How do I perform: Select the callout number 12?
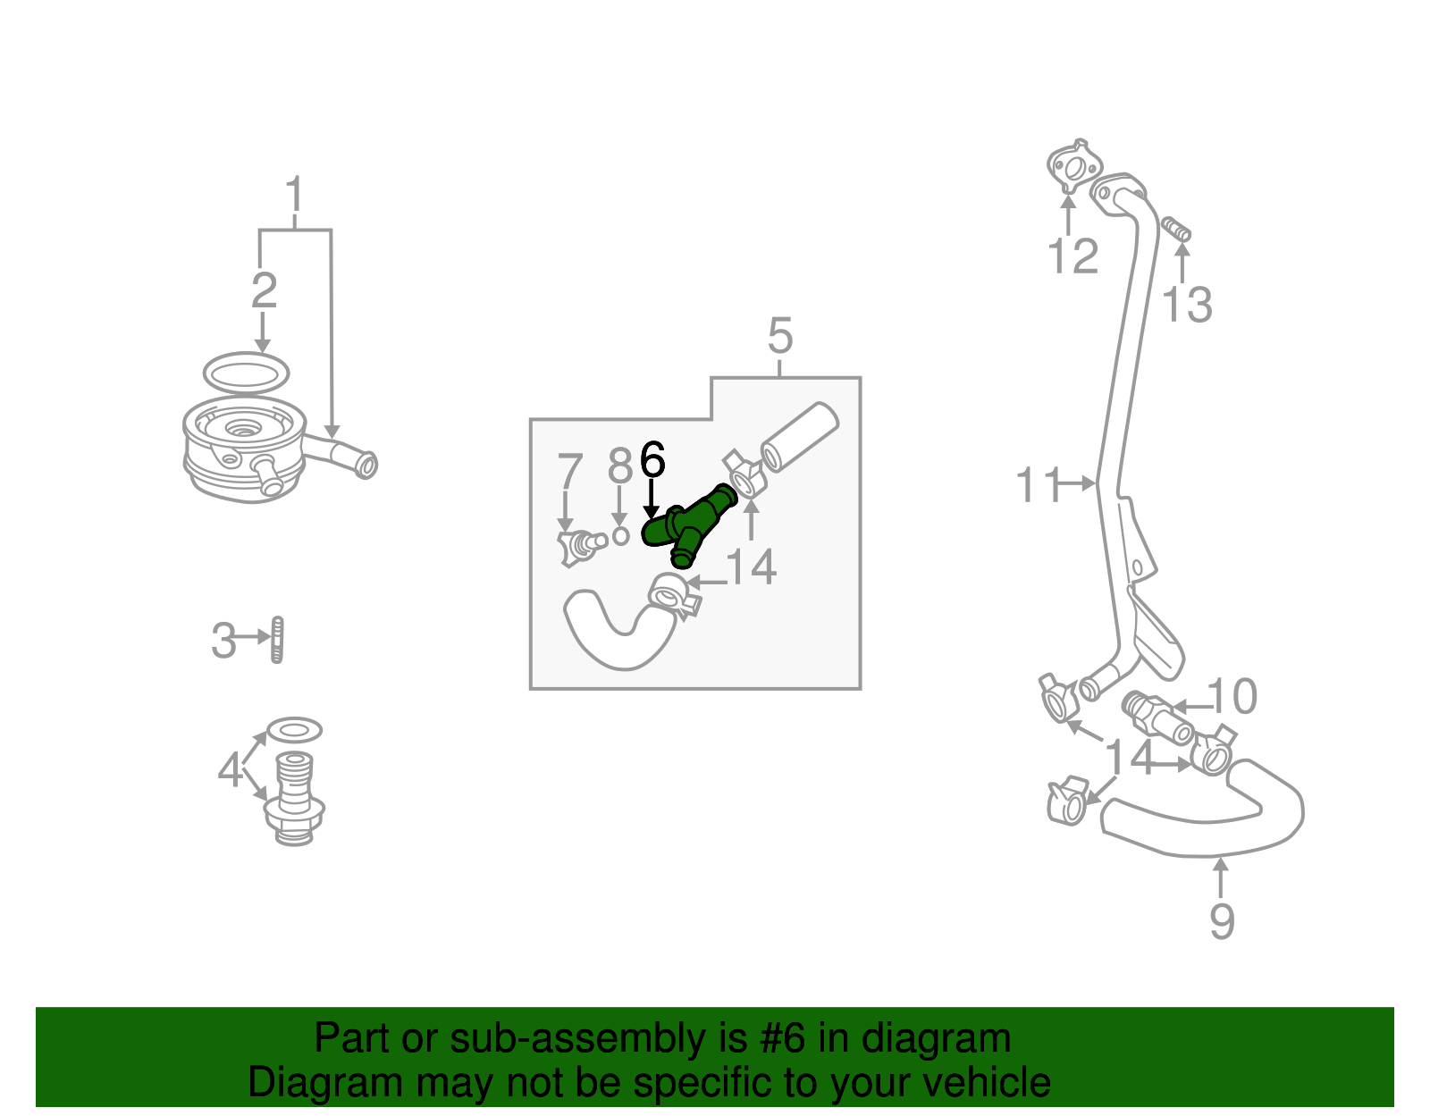[x=1072, y=256]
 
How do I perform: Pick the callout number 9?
[x=1221, y=920]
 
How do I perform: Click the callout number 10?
[x=1232, y=696]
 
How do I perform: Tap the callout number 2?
[x=264, y=290]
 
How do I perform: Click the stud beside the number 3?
[x=277, y=640]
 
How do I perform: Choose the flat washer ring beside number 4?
[x=295, y=731]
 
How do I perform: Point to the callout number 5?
[x=779, y=336]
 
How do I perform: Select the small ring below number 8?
[x=620, y=536]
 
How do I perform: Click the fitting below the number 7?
[x=576, y=546]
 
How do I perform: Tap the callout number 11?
[x=1038, y=485]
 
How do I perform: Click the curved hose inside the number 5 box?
[x=617, y=634]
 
